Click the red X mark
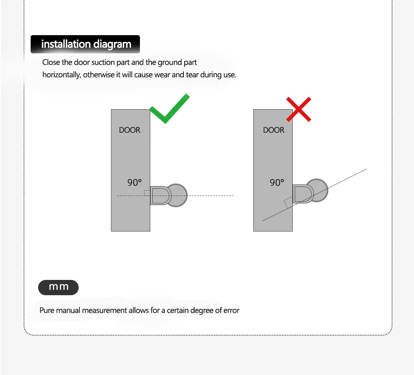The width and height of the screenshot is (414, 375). (x=298, y=110)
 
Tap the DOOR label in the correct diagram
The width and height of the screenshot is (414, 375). (x=130, y=130)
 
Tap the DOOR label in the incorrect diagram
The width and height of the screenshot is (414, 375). (x=274, y=130)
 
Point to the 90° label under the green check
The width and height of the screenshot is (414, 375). (x=135, y=182)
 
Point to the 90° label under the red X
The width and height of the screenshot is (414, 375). (x=277, y=182)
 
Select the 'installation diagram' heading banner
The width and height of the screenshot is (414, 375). (x=86, y=44)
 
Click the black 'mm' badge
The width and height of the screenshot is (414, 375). (x=58, y=287)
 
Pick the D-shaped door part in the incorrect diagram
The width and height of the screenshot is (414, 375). (x=302, y=194)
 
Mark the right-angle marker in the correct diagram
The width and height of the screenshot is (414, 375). (x=147, y=192)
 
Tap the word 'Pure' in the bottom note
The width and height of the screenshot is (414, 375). (x=47, y=310)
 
